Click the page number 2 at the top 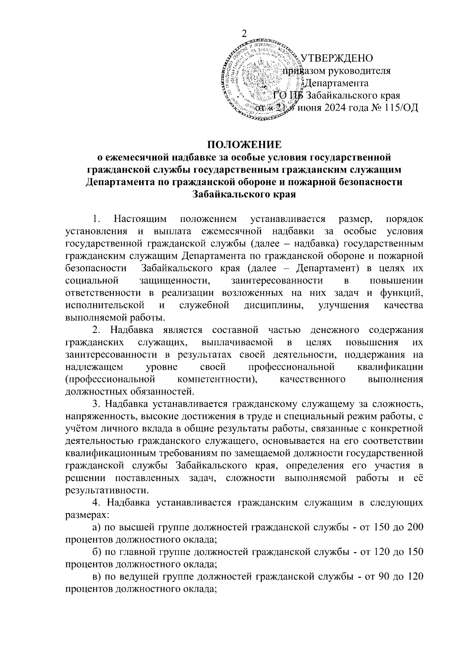point(244,33)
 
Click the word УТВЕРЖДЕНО point(337,58)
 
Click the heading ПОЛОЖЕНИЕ point(244,145)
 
